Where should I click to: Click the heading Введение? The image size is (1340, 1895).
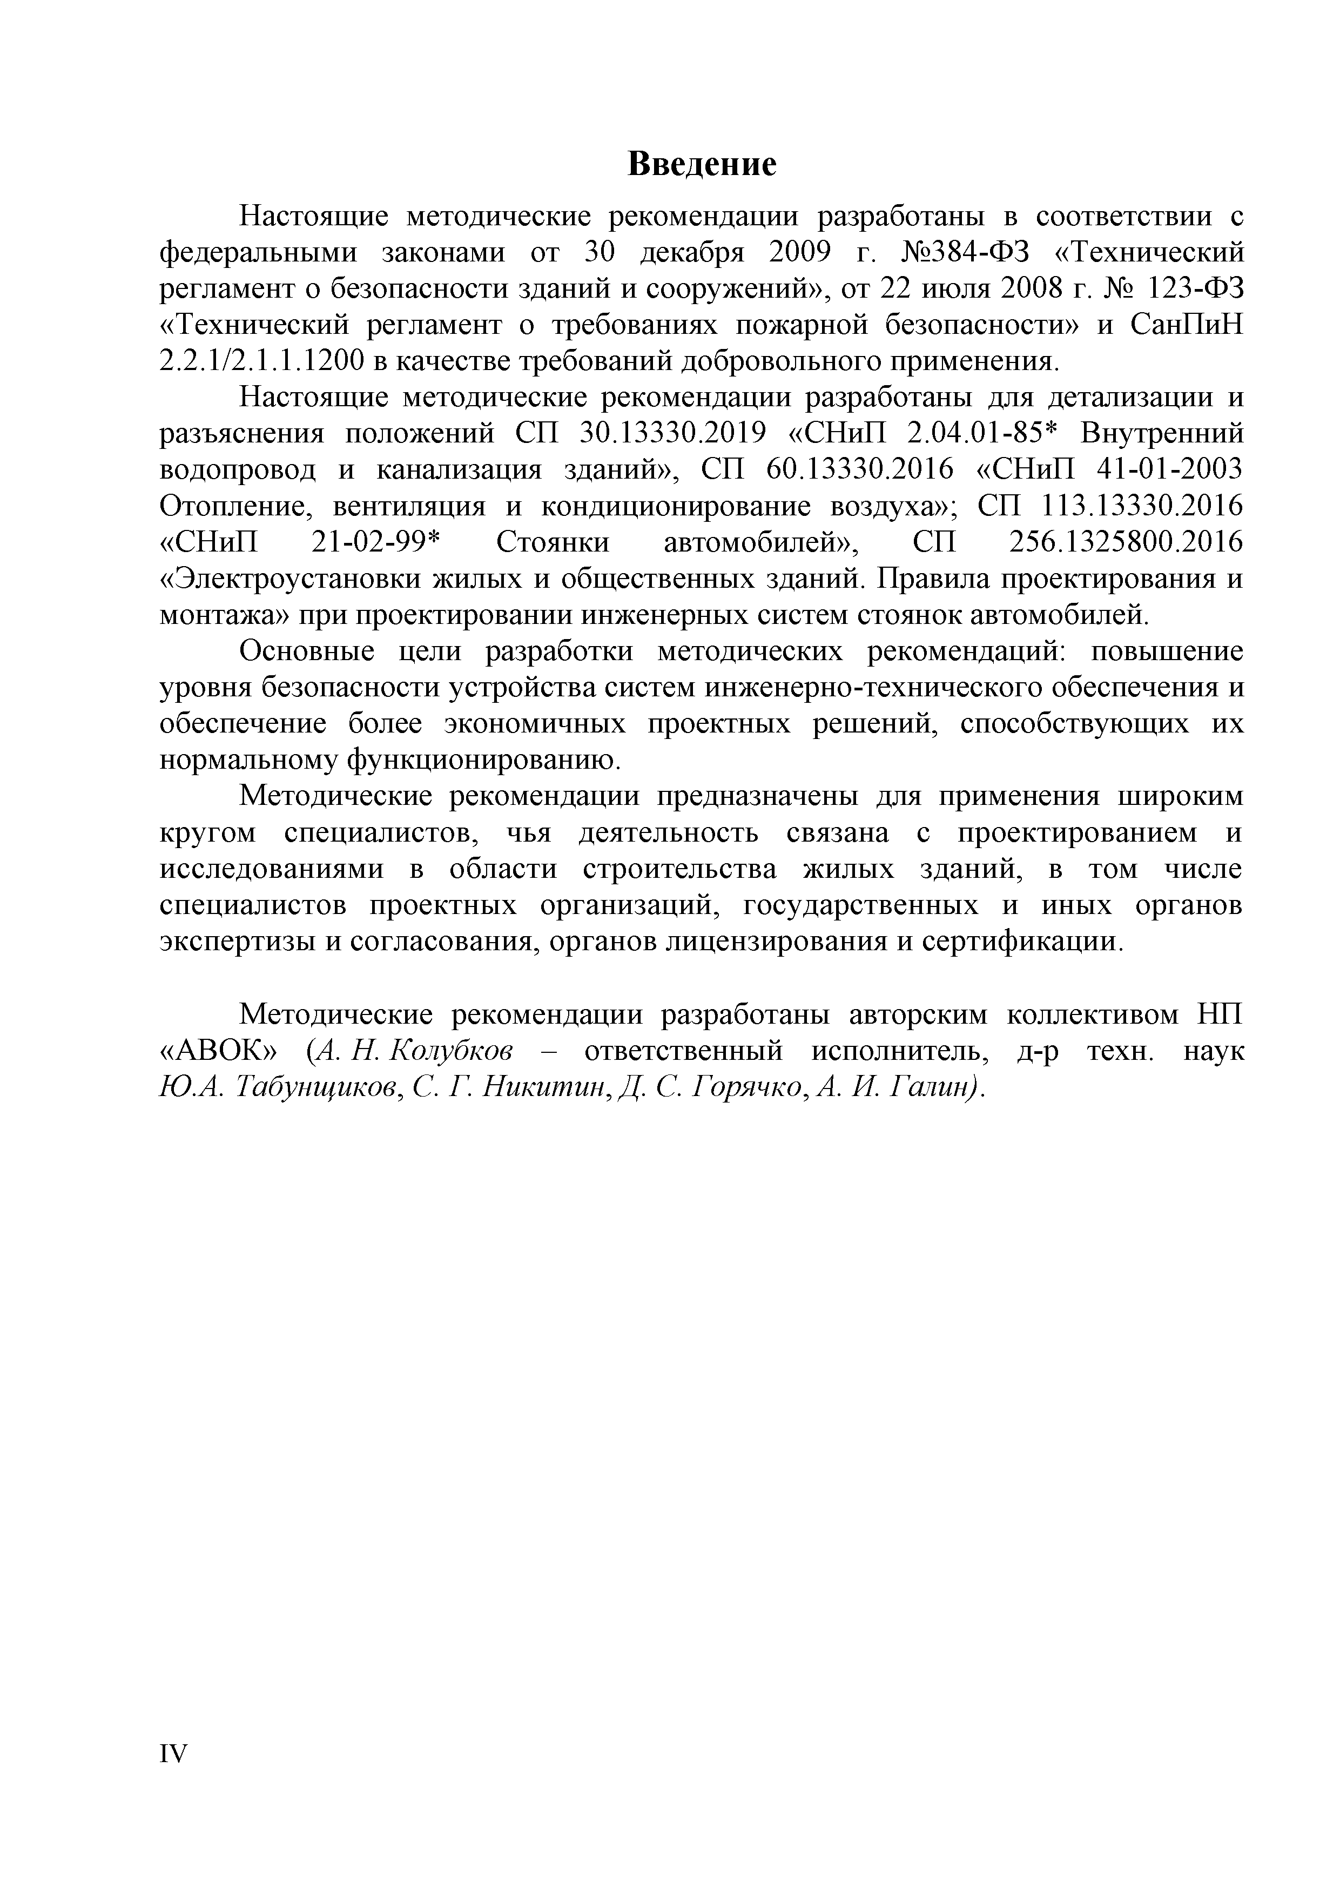point(702,164)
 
